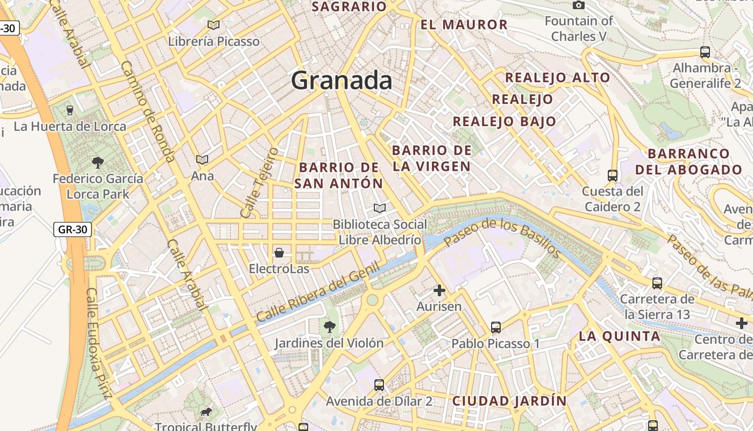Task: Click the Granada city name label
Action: [342, 81]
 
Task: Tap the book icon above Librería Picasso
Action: [214, 25]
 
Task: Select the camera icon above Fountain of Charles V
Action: [579, 5]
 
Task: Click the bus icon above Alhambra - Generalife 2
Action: [705, 52]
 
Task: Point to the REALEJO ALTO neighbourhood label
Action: [557, 78]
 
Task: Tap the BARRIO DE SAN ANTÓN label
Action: [339, 175]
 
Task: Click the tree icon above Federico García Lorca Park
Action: [98, 162]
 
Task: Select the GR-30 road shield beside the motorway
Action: [73, 230]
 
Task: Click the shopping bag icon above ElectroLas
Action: [279, 252]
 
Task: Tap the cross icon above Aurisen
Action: [439, 291]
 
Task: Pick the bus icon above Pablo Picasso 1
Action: [496, 327]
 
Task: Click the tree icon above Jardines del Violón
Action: [329, 326]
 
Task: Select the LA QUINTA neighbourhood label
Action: [619, 337]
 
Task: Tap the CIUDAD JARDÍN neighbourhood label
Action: [509, 401]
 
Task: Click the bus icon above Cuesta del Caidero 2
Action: [613, 176]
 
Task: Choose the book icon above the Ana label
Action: [202, 160]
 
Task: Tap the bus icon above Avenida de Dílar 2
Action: [379, 385]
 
